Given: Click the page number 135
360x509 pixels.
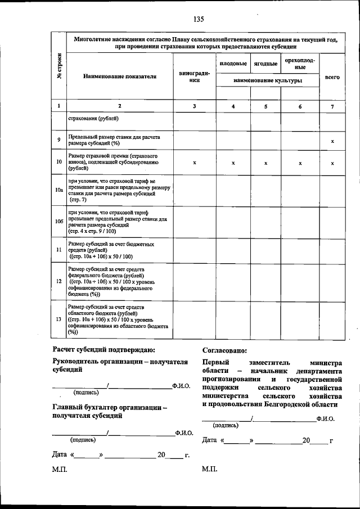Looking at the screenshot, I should tap(198, 19).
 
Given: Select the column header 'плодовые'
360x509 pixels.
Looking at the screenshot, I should tap(233, 64).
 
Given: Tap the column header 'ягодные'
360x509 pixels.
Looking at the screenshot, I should tap(265, 64).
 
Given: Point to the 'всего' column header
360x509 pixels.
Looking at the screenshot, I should tap(332, 76).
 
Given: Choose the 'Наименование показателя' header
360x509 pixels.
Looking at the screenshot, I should tap(119, 76).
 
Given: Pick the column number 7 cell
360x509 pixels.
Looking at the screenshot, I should tap(332, 106).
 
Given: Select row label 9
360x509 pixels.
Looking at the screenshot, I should tap(59, 140).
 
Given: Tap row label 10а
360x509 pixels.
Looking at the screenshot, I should tap(59, 191).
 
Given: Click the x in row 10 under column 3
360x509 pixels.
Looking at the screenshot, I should tap(195, 163).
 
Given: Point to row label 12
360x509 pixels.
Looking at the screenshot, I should tap(59, 281).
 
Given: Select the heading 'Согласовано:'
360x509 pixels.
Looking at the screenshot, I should tap(228, 352).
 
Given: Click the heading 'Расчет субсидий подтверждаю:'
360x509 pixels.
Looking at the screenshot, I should tap(100, 352).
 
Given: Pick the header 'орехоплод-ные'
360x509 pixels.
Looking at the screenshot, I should tap(300, 64).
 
